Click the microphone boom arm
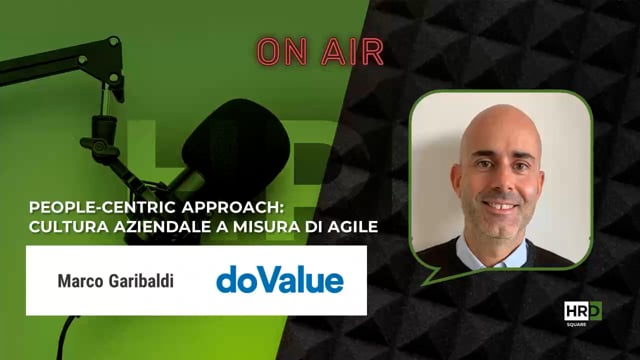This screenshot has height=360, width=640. coord(60,60)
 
